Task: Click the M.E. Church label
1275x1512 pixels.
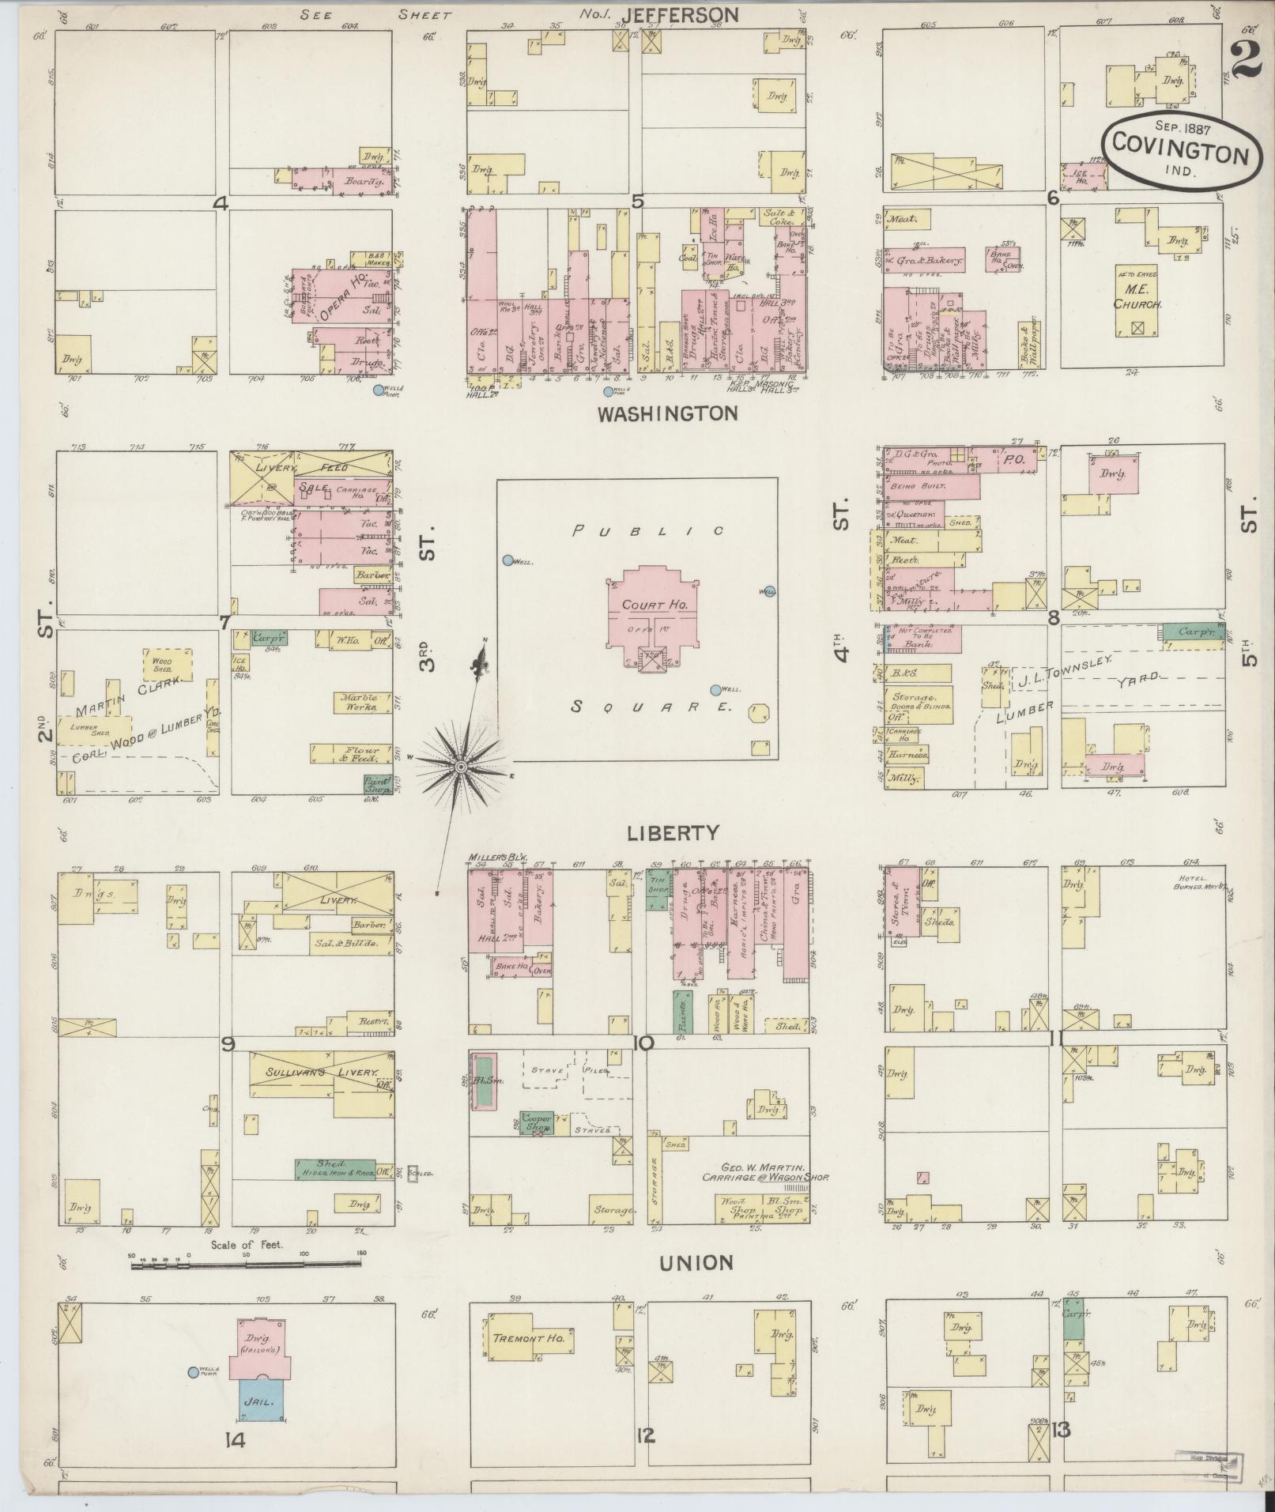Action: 1137,298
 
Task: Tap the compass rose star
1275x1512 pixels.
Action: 461,767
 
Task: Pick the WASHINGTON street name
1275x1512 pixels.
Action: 667,413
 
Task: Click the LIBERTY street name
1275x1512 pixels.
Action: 673,832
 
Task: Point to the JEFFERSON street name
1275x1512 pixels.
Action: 680,14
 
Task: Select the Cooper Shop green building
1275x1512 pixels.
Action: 538,1122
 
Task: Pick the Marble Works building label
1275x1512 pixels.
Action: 360,703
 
